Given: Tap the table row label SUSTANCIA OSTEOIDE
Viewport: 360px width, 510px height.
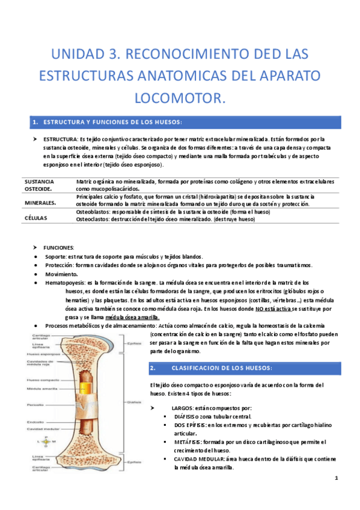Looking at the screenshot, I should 39,185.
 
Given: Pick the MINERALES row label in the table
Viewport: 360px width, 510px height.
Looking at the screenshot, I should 41,202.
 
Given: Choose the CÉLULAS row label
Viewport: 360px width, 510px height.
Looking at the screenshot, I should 35,218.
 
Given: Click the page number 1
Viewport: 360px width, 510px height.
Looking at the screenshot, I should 337,478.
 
